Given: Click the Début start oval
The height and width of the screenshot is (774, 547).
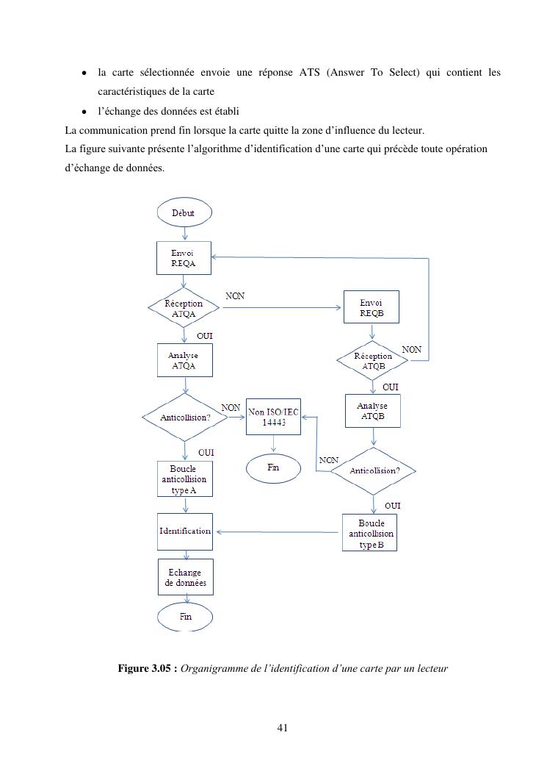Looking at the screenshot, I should coord(184,212).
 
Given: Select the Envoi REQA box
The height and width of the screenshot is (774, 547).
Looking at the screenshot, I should coord(184,258).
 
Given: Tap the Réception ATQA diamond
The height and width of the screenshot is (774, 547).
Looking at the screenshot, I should coord(184,309).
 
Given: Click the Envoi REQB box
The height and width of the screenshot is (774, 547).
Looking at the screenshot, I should coord(371,307).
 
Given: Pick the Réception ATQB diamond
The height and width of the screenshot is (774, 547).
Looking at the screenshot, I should coord(374,360).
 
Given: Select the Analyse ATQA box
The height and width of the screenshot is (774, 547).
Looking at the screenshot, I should coord(184,360).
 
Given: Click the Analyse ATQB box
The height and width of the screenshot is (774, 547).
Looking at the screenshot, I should coord(372,411).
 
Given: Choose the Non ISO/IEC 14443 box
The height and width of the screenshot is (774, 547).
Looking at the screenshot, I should coord(273,418).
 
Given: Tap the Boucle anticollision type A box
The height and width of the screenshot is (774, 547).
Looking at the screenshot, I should coord(184,479).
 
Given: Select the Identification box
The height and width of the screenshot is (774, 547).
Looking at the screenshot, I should coord(185,531).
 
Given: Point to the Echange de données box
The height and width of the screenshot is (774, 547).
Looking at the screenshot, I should coord(185,577).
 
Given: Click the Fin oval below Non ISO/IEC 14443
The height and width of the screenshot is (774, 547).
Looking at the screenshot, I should coord(273,467).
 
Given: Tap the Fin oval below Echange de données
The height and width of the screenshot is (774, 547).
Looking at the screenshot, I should coord(185,616).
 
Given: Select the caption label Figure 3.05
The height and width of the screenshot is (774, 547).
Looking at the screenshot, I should coord(148,668).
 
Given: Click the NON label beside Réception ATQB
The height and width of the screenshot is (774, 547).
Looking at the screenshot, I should coord(412,350).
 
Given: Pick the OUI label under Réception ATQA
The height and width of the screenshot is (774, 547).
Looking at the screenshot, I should coord(204,335).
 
